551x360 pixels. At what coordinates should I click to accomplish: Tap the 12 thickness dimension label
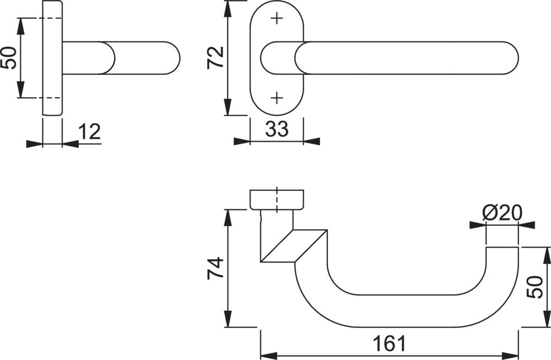89,132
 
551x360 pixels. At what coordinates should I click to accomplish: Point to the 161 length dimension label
390,343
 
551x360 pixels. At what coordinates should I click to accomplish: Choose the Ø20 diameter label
502,213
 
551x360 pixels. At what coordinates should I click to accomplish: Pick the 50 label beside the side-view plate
9,58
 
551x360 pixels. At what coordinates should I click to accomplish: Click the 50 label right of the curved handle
535,287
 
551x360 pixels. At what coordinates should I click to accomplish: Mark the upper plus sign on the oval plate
277,18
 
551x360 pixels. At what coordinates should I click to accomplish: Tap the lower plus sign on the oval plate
277,98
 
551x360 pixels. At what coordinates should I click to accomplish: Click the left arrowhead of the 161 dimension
268,354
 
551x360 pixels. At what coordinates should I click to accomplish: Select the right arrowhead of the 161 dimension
511,354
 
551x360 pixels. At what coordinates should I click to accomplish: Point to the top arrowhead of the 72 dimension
228,9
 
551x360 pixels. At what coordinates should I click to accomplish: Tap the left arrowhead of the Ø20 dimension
478,225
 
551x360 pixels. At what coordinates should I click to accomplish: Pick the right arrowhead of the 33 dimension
311,141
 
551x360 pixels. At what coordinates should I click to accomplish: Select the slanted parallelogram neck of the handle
294,246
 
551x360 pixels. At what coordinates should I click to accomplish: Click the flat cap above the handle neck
277,200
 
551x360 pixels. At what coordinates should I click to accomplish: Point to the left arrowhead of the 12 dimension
34,144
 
